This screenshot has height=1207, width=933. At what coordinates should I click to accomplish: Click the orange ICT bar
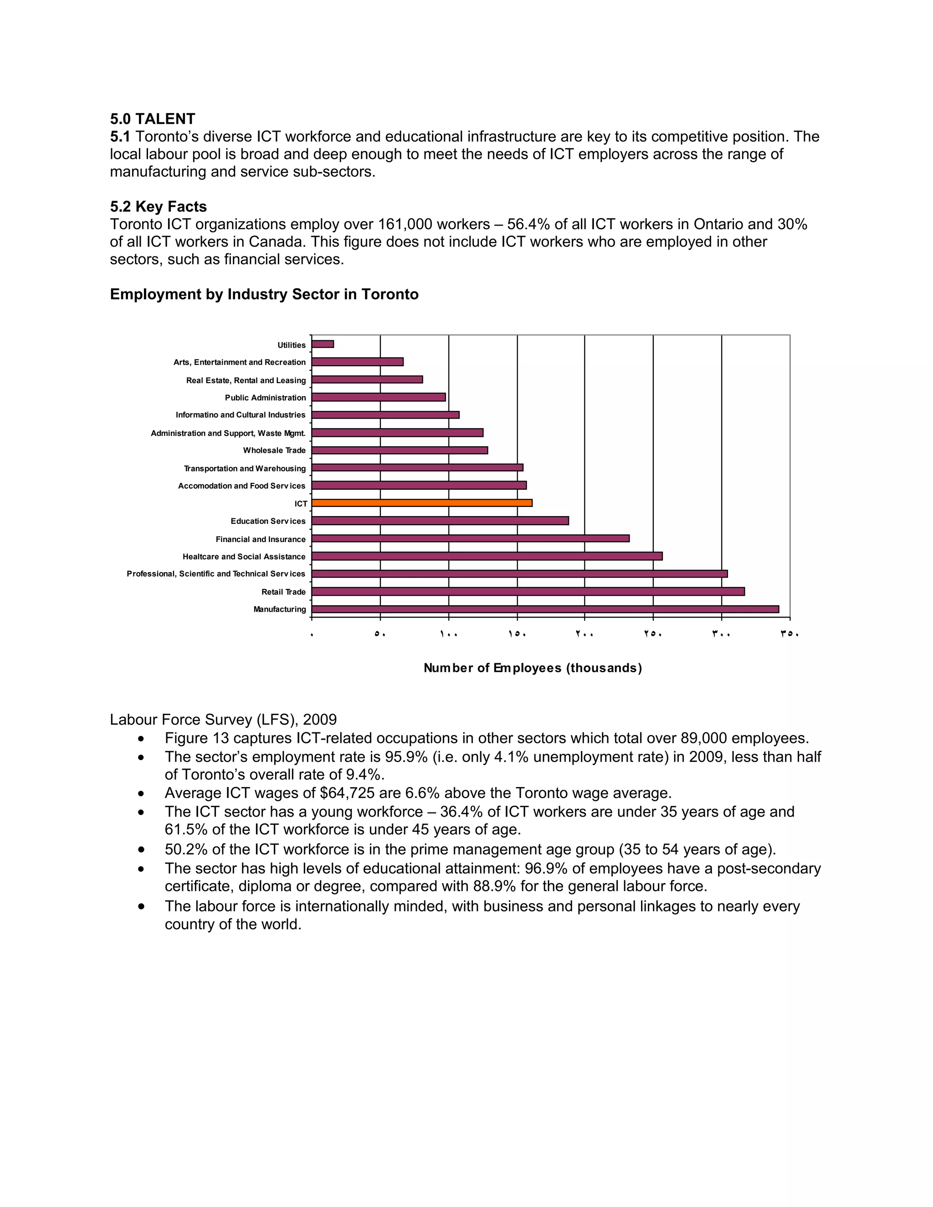(422, 503)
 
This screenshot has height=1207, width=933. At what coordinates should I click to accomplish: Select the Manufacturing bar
(545, 609)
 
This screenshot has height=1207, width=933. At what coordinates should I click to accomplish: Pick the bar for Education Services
(440, 521)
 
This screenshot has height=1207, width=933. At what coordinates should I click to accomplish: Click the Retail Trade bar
(528, 591)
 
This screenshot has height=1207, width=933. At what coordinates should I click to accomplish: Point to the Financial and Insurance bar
(470, 538)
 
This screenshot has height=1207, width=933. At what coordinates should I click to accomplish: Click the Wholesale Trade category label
(274, 450)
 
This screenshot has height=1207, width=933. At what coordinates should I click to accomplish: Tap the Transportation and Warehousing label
(244, 468)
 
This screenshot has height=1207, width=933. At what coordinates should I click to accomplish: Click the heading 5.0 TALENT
(153, 119)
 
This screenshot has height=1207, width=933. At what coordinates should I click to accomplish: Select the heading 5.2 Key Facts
(158, 207)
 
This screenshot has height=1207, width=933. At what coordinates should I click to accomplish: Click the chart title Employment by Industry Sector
(264, 294)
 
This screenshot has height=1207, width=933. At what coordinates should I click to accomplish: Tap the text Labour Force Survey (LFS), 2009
(223, 720)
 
